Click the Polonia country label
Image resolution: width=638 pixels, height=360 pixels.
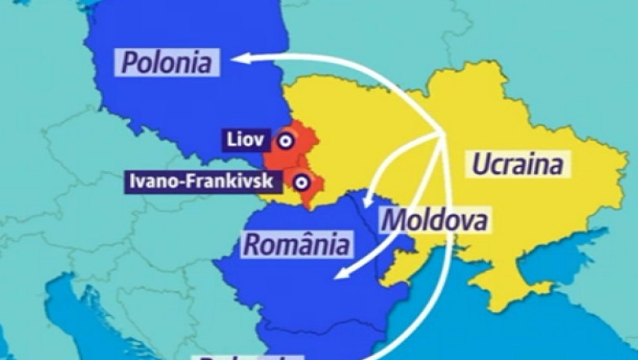pyautogui.click(x=167, y=62)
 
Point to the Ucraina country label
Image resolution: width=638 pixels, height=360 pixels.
pyautogui.click(x=518, y=164)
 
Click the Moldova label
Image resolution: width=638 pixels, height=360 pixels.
pyautogui.click(x=434, y=219)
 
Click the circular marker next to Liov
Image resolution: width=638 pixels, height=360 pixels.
pyautogui.click(x=285, y=141)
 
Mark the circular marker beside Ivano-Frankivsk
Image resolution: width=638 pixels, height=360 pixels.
pyautogui.click(x=302, y=182)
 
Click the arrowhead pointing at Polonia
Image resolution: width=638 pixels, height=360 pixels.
pyautogui.click(x=237, y=58)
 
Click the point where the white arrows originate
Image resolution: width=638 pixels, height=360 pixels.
pyautogui.click(x=443, y=135)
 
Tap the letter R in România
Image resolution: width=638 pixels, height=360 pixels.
pyautogui.click(x=252, y=243)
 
